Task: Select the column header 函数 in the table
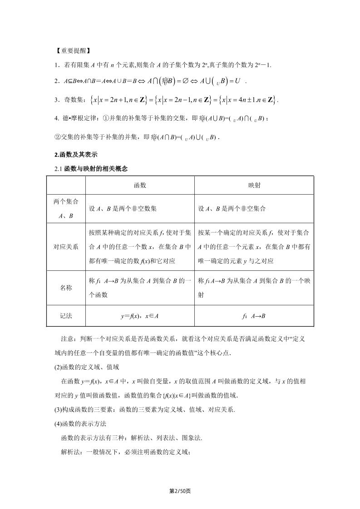(140, 186)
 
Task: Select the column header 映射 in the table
(254, 186)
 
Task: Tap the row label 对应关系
(66, 247)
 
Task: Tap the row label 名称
(66, 288)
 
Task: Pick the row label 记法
(66, 316)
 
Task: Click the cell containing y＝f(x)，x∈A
(140, 316)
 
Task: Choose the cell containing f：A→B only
(254, 316)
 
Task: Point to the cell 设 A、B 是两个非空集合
(232, 209)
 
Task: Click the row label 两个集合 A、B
(66, 209)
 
